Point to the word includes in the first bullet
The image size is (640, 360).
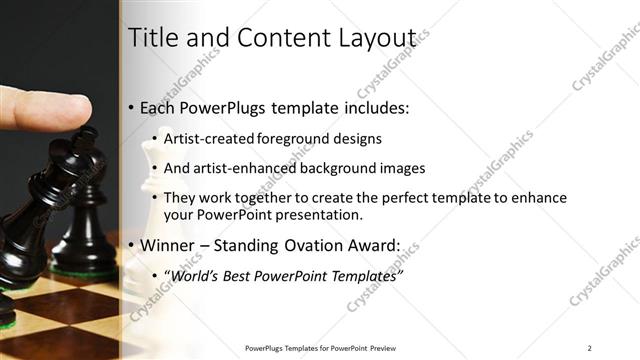374,108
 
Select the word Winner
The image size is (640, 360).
170,244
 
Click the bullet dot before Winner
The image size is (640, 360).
132,245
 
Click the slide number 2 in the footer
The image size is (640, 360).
589,348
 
